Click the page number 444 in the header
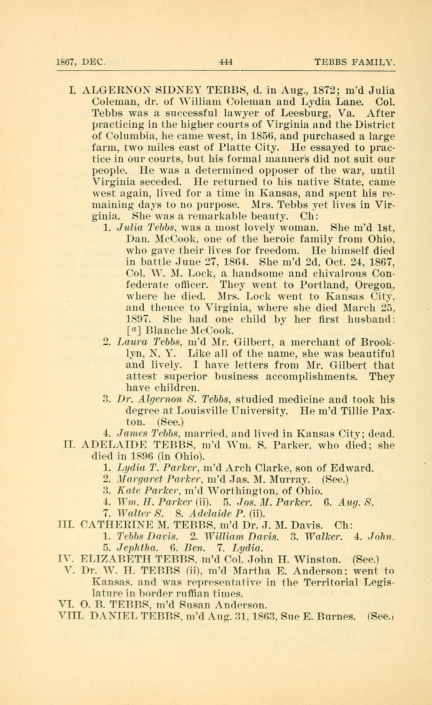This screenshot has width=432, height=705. (x=226, y=62)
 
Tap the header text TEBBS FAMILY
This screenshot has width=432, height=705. (x=355, y=62)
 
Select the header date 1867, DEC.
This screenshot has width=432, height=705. (x=81, y=62)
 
